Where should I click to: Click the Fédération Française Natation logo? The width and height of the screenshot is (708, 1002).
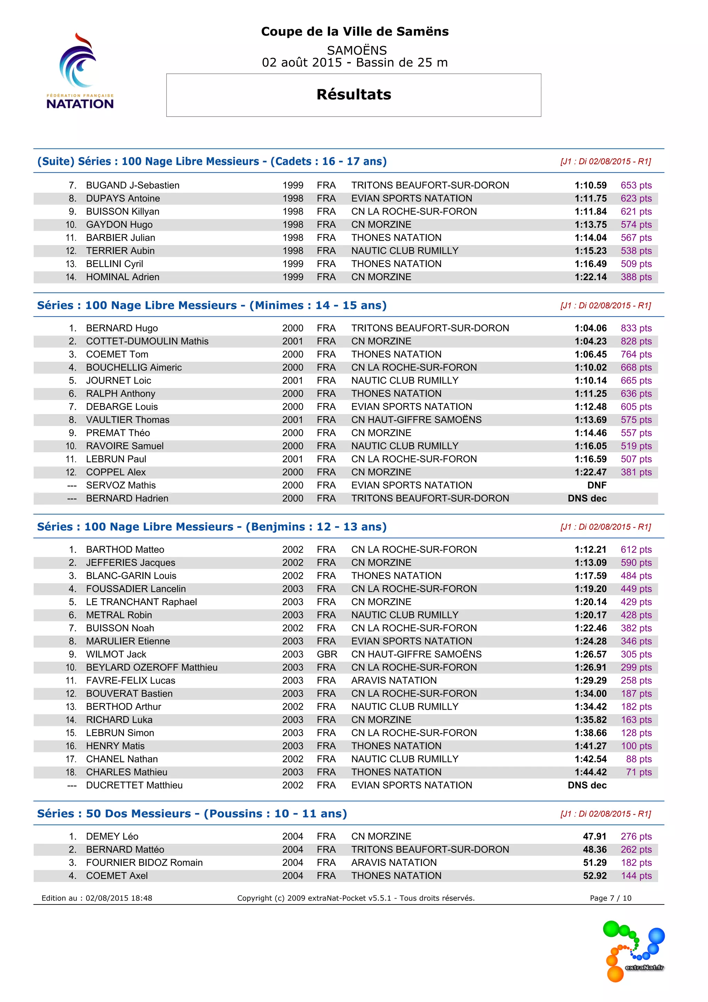pyautogui.click(x=80, y=71)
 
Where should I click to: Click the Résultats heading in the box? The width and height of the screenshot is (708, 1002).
pyautogui.click(x=354, y=94)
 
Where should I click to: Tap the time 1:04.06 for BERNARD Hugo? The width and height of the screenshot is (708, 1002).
pyautogui.click(x=590, y=328)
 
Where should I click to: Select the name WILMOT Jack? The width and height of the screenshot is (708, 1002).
pyautogui.click(x=116, y=654)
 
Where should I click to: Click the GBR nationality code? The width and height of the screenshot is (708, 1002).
pyautogui.click(x=327, y=654)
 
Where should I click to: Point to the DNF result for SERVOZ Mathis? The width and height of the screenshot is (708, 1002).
pyautogui.click(x=596, y=485)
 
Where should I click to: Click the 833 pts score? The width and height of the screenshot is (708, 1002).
pyautogui.click(x=636, y=328)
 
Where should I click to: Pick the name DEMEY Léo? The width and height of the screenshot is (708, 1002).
pyautogui.click(x=112, y=836)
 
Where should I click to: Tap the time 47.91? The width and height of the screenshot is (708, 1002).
pyautogui.click(x=594, y=836)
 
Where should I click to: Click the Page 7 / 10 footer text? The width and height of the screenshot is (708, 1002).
pyautogui.click(x=611, y=898)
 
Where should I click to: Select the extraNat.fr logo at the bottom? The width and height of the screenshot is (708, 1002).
pyautogui.click(x=634, y=951)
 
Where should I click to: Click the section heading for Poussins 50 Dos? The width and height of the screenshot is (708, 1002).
pyautogui.click(x=192, y=813)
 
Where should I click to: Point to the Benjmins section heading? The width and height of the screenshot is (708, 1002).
pyautogui.click(x=212, y=527)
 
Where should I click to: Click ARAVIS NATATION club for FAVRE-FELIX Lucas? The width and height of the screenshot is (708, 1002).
pyautogui.click(x=394, y=680)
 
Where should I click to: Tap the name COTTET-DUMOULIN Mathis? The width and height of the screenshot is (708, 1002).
pyautogui.click(x=147, y=341)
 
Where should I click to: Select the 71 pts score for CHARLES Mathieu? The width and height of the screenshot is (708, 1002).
pyautogui.click(x=639, y=772)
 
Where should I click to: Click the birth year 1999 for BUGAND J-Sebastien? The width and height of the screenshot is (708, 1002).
pyautogui.click(x=292, y=185)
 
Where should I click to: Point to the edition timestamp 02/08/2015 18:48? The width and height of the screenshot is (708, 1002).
pyautogui.click(x=119, y=898)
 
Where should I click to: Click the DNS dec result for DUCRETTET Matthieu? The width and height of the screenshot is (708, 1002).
pyautogui.click(x=587, y=785)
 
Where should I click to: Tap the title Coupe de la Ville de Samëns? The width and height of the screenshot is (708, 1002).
pyautogui.click(x=354, y=31)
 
